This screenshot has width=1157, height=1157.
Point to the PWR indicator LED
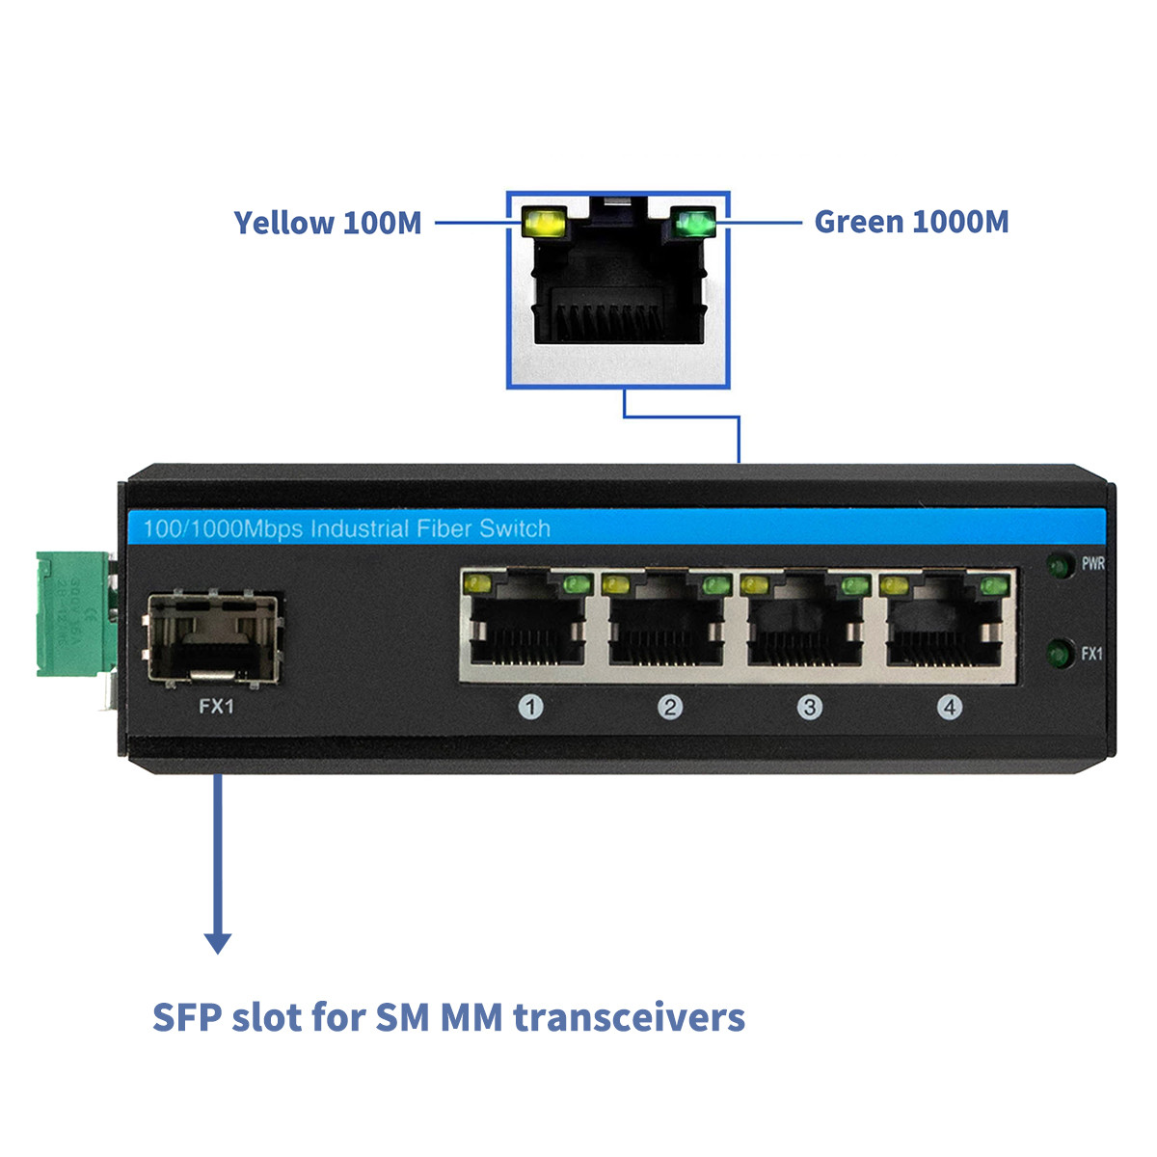1062,565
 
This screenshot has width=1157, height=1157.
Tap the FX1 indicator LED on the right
1062,655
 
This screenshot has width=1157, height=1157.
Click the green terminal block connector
74,613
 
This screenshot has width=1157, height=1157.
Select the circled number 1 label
530,708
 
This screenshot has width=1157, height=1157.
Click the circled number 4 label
950,708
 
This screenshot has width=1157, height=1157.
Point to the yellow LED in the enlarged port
543,224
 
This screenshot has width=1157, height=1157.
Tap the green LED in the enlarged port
693,224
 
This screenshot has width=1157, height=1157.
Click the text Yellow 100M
328,223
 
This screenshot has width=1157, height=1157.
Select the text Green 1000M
911,222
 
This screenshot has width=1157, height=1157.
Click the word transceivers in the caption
629,1017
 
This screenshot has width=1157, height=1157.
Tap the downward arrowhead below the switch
219,942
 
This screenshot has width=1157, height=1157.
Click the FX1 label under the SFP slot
216,707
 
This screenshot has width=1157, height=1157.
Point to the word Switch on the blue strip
515,528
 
